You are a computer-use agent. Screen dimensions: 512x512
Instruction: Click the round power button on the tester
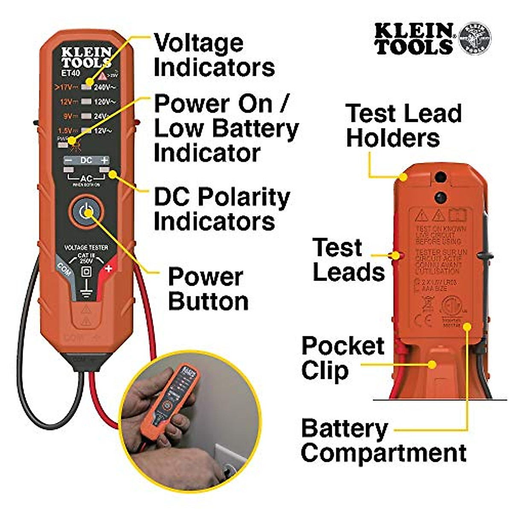(86, 211)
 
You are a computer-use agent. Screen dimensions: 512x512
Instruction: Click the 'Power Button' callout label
(208, 289)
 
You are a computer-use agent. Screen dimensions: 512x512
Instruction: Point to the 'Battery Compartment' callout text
(383, 440)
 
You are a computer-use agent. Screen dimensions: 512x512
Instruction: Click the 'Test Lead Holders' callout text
(403, 125)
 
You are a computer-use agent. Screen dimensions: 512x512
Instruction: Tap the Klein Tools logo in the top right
(432, 39)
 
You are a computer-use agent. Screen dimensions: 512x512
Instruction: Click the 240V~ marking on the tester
(105, 87)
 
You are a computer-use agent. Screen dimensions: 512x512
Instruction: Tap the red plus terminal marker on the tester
(108, 268)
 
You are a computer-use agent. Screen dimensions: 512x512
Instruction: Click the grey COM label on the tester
(64, 268)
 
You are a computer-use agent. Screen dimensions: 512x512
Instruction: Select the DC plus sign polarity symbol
(104, 160)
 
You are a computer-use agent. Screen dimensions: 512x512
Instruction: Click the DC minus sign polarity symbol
(68, 160)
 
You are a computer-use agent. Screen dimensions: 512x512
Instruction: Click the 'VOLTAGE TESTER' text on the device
(86, 247)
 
